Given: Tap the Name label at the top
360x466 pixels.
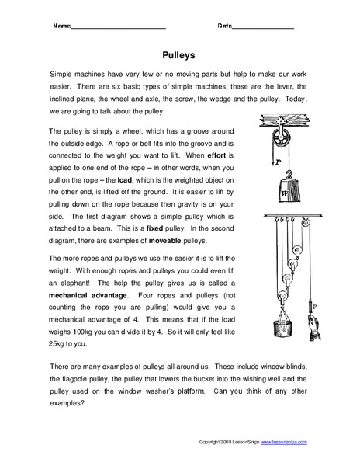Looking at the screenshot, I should click(60, 26).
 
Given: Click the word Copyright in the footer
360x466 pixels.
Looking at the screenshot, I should click(209, 442).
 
